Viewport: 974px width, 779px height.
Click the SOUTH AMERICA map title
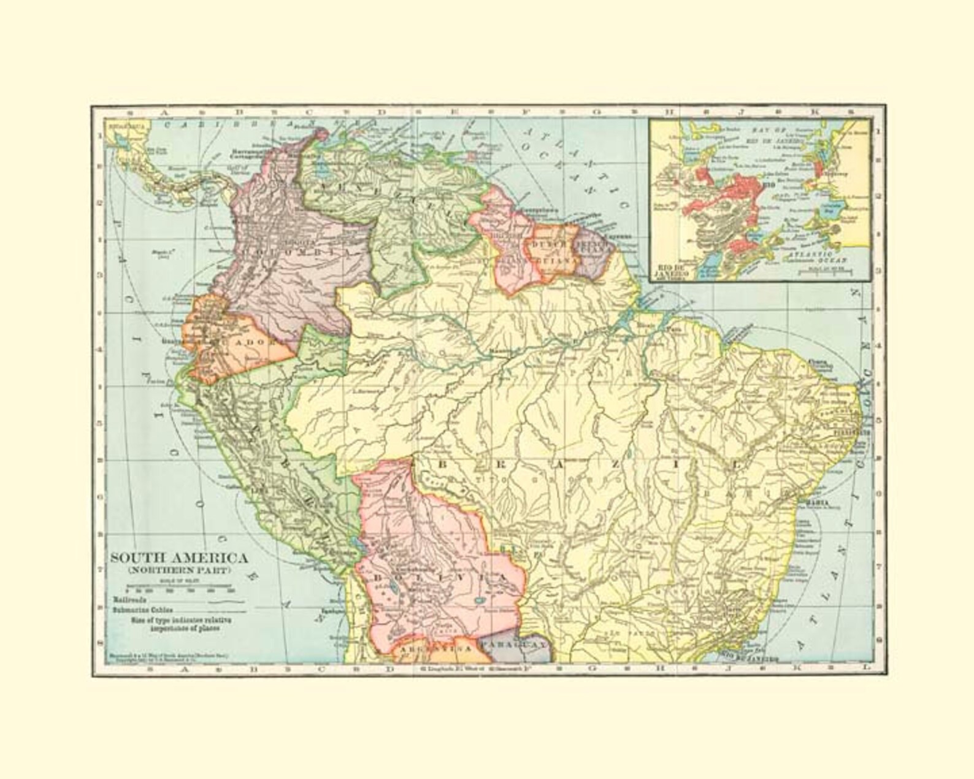pyautogui.click(x=178, y=559)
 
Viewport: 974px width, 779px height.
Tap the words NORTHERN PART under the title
pyautogui.click(x=178, y=570)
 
